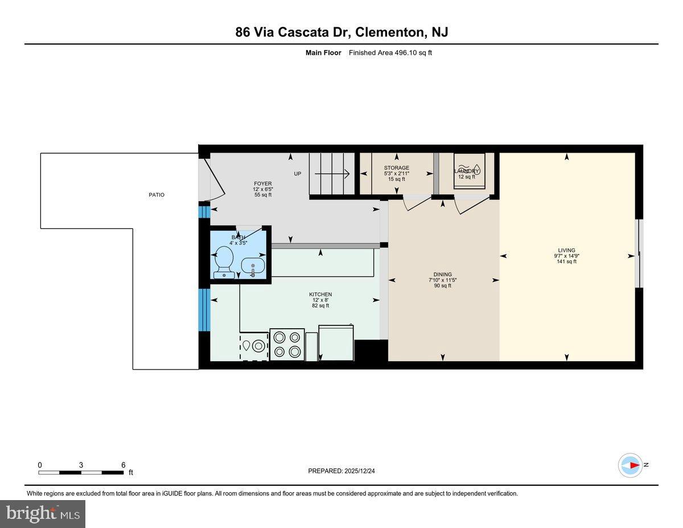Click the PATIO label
157,195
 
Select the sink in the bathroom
253,265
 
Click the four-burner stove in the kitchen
286,344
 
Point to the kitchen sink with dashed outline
254,346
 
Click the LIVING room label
566,250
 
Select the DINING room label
442,274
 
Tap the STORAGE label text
396,168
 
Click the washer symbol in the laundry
470,169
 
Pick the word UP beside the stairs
297,174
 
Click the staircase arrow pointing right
336,174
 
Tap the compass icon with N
631,465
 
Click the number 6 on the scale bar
123,465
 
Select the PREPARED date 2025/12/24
341,471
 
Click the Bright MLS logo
43,514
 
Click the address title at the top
341,32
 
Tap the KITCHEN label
320,294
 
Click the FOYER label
263,183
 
